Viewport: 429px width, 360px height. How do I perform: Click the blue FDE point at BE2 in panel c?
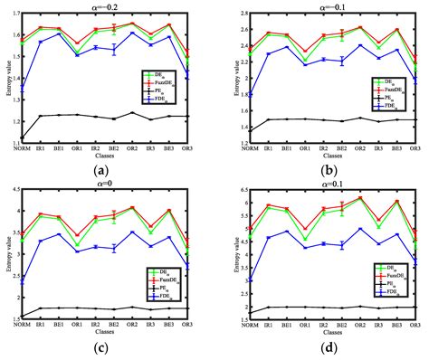[114, 248]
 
